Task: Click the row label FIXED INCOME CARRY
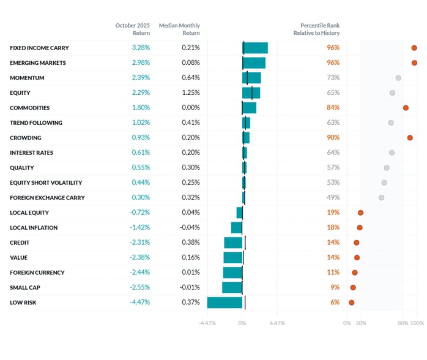click(39, 48)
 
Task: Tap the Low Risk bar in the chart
click(225, 302)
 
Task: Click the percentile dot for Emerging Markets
click(414, 62)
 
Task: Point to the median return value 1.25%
click(191, 92)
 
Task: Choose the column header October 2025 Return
click(133, 29)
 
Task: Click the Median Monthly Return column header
click(179, 29)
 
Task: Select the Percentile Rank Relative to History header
click(316, 29)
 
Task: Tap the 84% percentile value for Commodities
click(333, 108)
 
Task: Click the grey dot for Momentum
click(398, 78)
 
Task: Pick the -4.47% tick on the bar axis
click(207, 323)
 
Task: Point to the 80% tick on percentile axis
click(403, 323)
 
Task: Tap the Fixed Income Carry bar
click(255, 48)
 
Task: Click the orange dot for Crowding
click(410, 138)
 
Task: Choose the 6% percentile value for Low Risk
click(335, 302)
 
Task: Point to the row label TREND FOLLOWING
click(36, 122)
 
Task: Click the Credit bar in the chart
click(233, 242)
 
